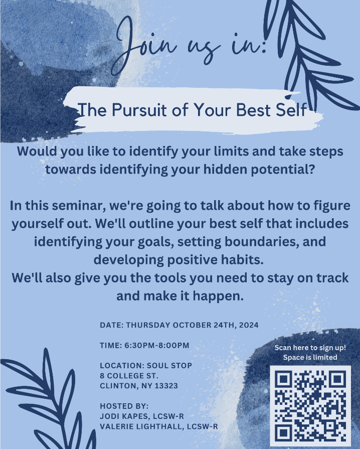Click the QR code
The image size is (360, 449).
[x=310, y=406]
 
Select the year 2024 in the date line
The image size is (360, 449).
[x=249, y=325]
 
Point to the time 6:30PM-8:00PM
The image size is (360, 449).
[x=157, y=345]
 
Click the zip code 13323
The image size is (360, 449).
[x=166, y=386]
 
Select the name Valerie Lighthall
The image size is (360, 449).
[x=141, y=426]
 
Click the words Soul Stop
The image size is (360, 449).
[x=169, y=366]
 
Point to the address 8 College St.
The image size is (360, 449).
[x=129, y=376]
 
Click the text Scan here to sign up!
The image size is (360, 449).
[x=310, y=348]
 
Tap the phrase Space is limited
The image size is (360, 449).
[x=310, y=357]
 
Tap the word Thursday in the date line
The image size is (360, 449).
[x=148, y=325]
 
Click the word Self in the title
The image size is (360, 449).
[x=291, y=110]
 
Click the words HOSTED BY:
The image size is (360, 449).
[x=124, y=406]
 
